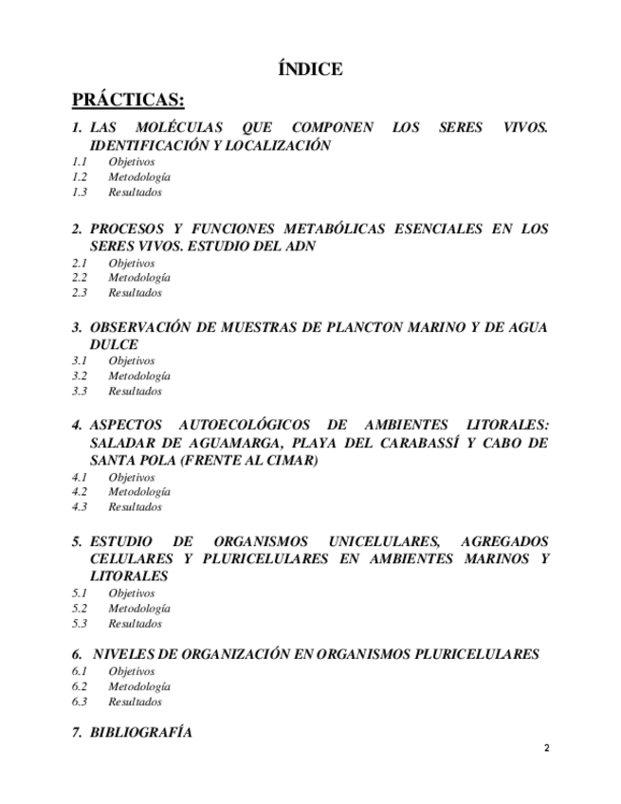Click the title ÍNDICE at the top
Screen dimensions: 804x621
(x=310, y=69)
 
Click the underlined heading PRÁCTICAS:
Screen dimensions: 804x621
(x=128, y=100)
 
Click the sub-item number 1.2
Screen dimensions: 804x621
(x=80, y=177)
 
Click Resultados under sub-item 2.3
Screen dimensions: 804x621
(x=135, y=293)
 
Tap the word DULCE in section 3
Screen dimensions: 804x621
(x=114, y=344)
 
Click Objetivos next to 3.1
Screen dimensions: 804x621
(x=132, y=361)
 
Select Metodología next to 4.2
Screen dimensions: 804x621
(x=139, y=492)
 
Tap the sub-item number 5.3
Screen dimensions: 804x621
(x=80, y=624)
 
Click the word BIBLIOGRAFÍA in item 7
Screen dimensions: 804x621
(x=140, y=733)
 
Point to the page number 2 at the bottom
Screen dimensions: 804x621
(x=546, y=749)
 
